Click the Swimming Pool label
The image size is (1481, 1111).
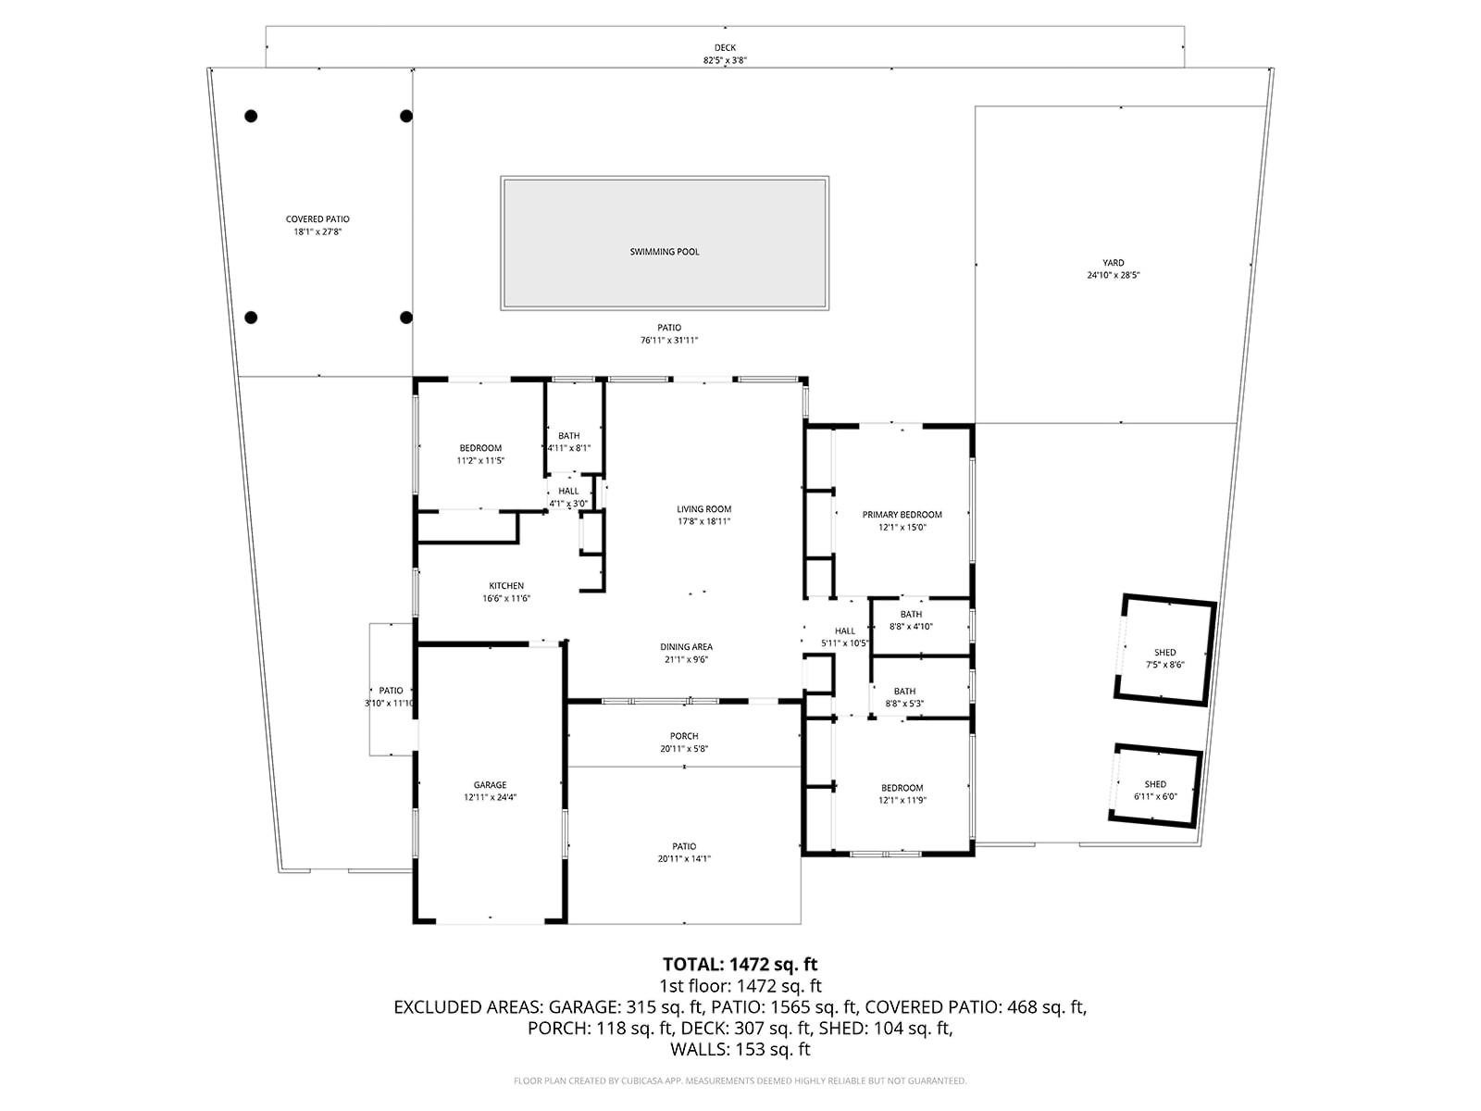tap(665, 252)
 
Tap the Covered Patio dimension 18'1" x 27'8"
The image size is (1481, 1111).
tap(317, 232)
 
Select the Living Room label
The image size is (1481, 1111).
tap(703, 509)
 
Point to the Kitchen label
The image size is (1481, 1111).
tap(506, 586)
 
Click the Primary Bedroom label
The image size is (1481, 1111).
tap(902, 515)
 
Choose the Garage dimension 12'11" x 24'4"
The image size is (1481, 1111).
tap(490, 797)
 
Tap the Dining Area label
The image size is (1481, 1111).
tap(686, 647)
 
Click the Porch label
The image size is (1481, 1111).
tap(684, 736)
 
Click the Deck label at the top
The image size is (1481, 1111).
tap(725, 48)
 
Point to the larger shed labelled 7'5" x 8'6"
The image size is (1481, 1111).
tap(1164, 658)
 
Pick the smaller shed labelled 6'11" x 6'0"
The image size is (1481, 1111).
tap(1155, 790)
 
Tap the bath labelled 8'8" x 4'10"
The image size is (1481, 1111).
tap(911, 620)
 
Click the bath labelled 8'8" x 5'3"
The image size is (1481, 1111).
tap(904, 697)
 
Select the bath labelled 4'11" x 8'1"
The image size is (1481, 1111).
tap(568, 442)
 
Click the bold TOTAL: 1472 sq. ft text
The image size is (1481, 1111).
tap(740, 965)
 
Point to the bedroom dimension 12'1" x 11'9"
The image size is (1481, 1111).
tap(902, 801)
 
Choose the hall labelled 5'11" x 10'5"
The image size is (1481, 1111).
tap(844, 637)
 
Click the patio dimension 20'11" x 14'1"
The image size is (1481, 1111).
tap(684, 859)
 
